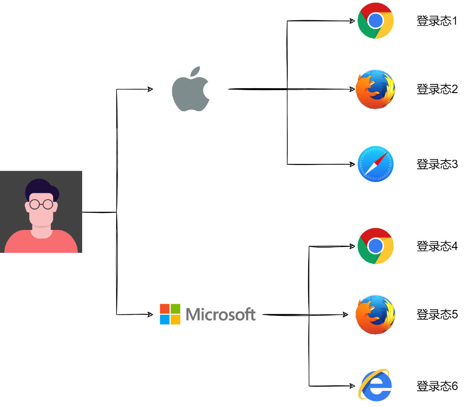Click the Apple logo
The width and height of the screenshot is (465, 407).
(190, 90)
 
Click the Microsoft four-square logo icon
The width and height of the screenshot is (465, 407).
(170, 314)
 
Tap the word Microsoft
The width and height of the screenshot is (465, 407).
(221, 314)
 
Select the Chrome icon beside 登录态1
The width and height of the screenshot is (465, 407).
(375, 21)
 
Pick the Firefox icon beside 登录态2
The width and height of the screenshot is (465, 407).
(375, 89)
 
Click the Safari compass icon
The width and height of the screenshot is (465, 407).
(375, 164)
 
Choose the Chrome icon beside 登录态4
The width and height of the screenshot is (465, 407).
(375, 246)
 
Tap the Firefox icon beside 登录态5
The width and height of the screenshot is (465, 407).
(375, 314)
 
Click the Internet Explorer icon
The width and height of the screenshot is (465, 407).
(375, 386)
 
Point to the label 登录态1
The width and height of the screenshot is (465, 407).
(437, 21)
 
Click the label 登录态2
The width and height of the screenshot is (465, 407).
(437, 89)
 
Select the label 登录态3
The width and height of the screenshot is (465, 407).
(437, 164)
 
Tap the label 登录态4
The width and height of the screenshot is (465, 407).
(437, 246)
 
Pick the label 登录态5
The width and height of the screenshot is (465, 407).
(437, 314)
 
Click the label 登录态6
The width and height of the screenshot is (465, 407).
(437, 386)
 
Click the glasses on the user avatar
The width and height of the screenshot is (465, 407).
(41, 204)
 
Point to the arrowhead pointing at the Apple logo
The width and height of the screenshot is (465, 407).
(150, 89)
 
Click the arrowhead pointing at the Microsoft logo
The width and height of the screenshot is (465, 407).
(150, 314)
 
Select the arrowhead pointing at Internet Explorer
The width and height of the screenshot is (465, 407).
(352, 386)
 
